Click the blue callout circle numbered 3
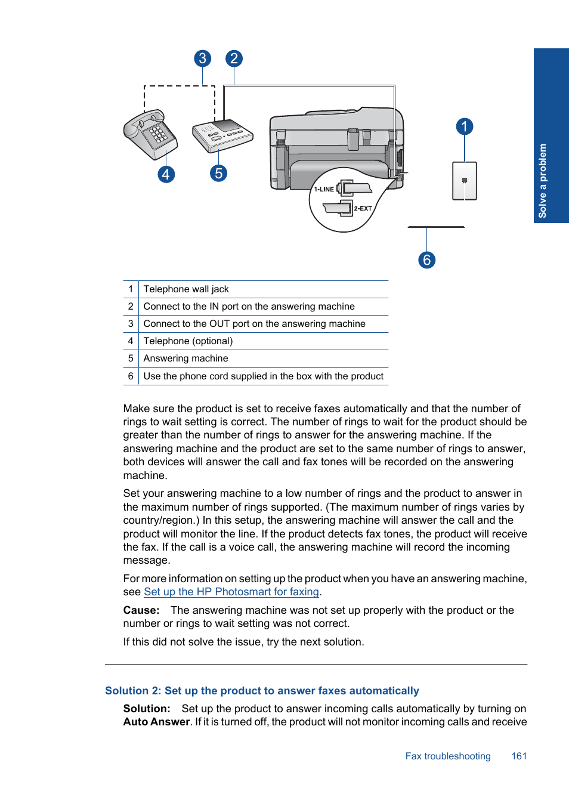point(203,58)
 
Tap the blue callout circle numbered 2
point(234,58)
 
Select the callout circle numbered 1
point(465,126)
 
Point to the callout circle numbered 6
point(426,260)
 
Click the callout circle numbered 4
point(166,174)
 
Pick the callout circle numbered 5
point(219,174)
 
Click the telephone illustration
point(150,134)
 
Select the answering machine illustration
point(222,135)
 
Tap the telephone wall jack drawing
point(465,181)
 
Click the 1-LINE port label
point(324,189)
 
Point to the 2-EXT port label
point(363,209)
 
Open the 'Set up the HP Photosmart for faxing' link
point(231,592)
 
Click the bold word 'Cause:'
point(141,610)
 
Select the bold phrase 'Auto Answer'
point(156,722)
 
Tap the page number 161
point(519,756)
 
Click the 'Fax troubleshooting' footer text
point(448,756)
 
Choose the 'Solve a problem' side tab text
point(542,180)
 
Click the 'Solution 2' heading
point(262,691)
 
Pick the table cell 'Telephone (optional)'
point(188,341)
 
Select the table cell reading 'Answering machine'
point(185,359)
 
